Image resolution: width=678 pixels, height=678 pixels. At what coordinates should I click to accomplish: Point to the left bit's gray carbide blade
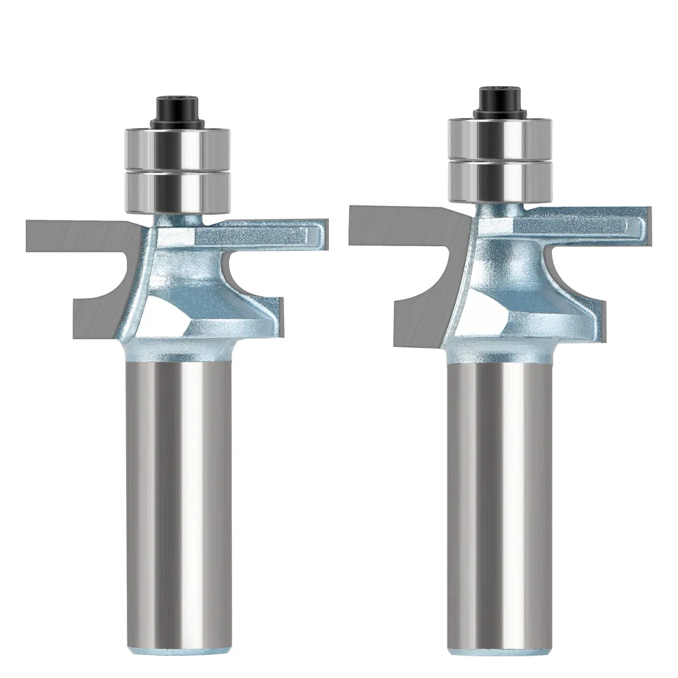click(x=75, y=234)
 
